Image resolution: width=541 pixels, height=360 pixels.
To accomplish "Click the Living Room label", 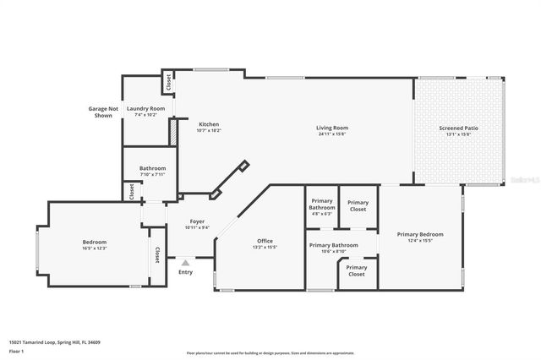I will click(x=333, y=128).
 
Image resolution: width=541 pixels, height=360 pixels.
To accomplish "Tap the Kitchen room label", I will click(x=208, y=125).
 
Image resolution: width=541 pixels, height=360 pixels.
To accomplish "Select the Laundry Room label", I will click(x=145, y=109).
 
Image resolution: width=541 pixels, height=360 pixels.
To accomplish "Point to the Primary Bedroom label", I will click(x=420, y=234).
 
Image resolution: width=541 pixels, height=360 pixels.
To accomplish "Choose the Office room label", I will click(x=265, y=241).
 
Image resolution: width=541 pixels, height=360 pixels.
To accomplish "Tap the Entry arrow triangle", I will click(x=185, y=263).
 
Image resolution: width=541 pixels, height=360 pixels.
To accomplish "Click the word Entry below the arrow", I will click(x=185, y=272).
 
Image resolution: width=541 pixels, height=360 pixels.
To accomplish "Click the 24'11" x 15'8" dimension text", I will click(x=333, y=133).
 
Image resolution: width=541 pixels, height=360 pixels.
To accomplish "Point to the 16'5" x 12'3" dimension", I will click(x=94, y=248).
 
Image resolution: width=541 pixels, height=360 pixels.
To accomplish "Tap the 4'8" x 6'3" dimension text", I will click(x=321, y=214).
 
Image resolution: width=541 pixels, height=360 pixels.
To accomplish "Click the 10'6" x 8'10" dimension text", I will click(x=333, y=251).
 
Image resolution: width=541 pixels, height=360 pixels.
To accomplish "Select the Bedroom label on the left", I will click(x=94, y=242).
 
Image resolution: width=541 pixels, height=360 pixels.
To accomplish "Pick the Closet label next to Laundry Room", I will click(x=168, y=83).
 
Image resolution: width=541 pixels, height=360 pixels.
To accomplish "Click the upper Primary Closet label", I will click(x=358, y=205).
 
